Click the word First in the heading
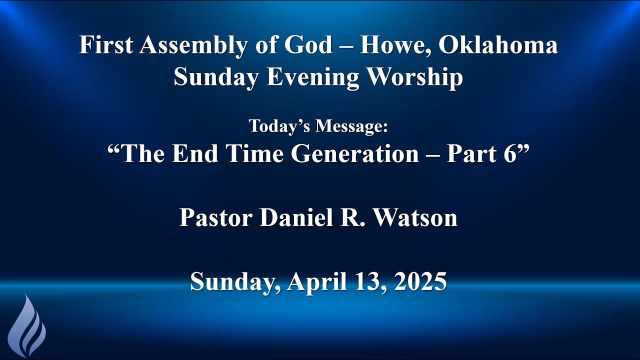(105, 45)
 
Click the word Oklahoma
(499, 45)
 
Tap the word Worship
(421, 78)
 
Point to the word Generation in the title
(355, 154)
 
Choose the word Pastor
(216, 218)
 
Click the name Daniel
(294, 218)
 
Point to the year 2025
(420, 282)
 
